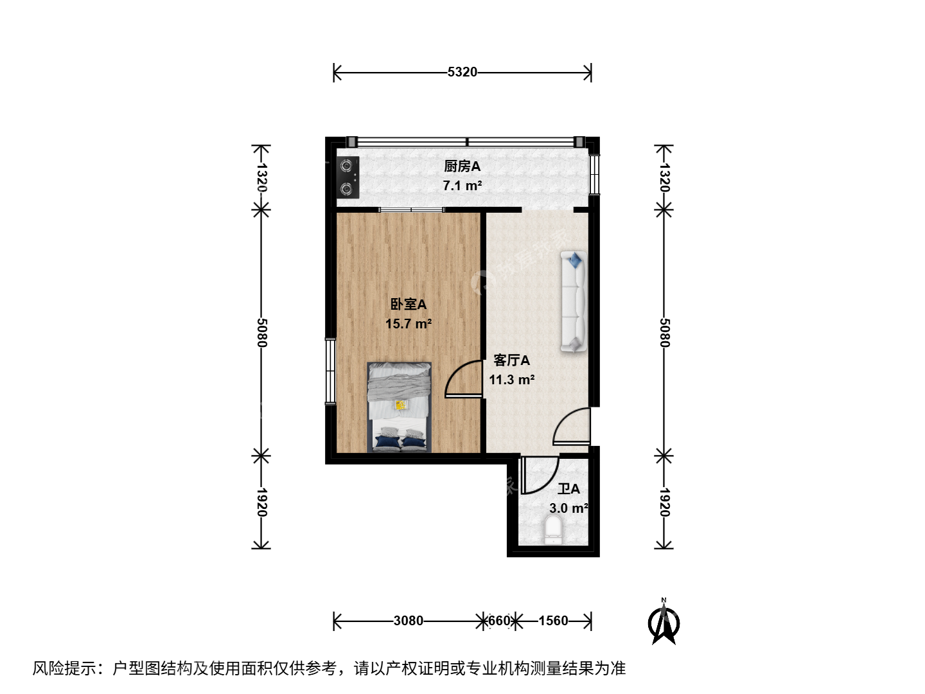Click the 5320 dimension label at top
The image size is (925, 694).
point(462,72)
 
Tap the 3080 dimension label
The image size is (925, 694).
point(408,621)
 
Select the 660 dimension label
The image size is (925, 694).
point(499,621)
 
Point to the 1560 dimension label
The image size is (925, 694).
point(553,621)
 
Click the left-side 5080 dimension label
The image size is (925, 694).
point(261,332)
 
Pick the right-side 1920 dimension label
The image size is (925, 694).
point(664,503)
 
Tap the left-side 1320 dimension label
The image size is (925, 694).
point(261,177)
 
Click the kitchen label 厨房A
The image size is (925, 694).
point(462,166)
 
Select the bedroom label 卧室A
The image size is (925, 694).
point(409,304)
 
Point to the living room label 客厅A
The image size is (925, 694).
point(511,360)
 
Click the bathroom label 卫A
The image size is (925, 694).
point(568,489)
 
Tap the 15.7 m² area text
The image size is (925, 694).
point(409,324)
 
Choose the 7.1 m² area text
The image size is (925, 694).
point(462,186)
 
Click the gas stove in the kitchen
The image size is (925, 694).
point(348,177)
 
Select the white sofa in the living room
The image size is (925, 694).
point(573,301)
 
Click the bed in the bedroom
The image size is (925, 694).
point(399,407)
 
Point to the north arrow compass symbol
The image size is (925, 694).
point(664,622)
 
